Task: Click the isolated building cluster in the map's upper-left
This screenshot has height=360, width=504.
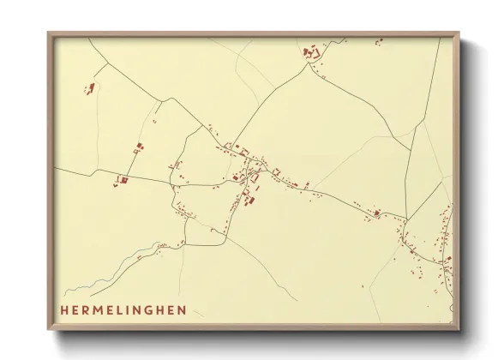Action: (x=88, y=89)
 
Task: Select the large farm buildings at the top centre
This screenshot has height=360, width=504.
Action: (x=310, y=53)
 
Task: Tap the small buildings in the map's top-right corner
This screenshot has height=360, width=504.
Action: (x=377, y=40)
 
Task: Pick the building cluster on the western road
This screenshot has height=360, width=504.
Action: (x=121, y=180)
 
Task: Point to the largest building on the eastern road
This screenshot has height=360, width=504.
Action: (x=375, y=212)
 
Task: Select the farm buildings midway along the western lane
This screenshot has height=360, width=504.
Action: (x=137, y=148)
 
